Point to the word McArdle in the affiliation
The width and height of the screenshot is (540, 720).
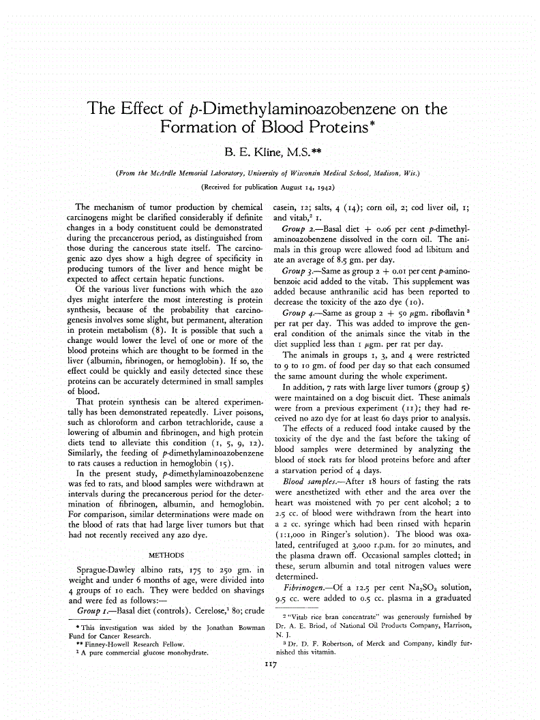(178, 173)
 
